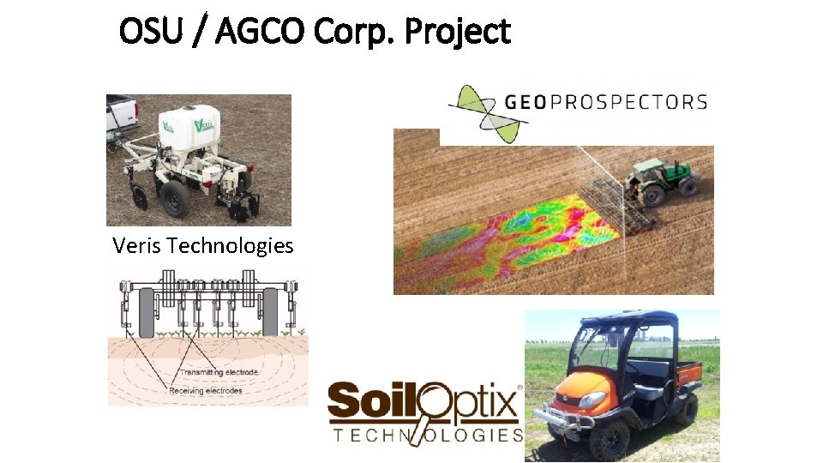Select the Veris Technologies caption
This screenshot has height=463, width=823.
(x=202, y=246)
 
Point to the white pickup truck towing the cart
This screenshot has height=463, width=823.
(x=119, y=115)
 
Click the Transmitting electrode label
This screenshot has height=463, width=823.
(x=218, y=372)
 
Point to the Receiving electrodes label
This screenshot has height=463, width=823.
(x=206, y=390)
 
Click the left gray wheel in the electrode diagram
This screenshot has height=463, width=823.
(x=147, y=311)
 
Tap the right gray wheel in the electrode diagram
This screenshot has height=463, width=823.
(x=271, y=311)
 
